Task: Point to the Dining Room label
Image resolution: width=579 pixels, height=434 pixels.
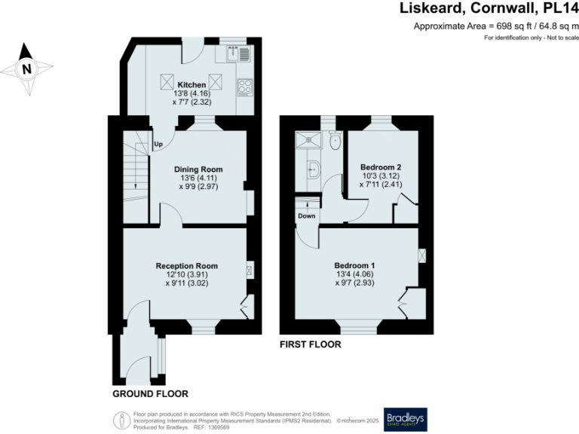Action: point(198,170)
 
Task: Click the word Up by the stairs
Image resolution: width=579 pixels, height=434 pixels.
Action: point(158,144)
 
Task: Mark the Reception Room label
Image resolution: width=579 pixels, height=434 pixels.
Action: point(187,266)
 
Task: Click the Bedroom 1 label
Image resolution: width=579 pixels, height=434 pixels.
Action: point(354,266)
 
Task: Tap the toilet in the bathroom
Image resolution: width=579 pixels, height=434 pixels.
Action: point(335,141)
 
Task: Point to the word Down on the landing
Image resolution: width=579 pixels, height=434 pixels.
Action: point(306,215)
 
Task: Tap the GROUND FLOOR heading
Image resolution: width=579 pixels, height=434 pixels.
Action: point(150,394)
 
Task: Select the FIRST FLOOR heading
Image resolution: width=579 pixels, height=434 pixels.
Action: point(310,344)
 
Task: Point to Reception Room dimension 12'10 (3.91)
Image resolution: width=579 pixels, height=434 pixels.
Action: point(187,275)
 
